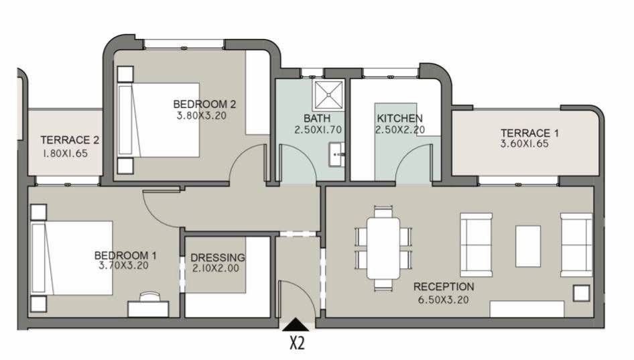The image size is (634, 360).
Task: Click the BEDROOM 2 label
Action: pyautogui.click(x=204, y=104)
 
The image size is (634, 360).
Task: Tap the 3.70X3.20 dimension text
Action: pyautogui.click(x=123, y=265)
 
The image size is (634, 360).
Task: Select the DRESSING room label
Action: pyautogui.click(x=218, y=257)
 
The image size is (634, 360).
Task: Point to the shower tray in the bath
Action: pyautogui.click(x=328, y=95)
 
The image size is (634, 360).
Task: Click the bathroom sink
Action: pyautogui.click(x=336, y=154)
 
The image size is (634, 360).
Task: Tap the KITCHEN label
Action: pyautogui.click(x=399, y=118)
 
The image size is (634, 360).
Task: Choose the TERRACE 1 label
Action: pyautogui.click(x=529, y=133)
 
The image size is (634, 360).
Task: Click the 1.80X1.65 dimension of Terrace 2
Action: pyautogui.click(x=65, y=154)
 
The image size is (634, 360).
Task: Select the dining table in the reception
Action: pyautogui.click(x=383, y=248)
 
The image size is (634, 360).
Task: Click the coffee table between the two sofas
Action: pyautogui.click(x=528, y=246)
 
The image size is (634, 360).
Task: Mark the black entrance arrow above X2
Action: pyautogui.click(x=296, y=324)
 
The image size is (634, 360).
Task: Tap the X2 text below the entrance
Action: pyautogui.click(x=297, y=343)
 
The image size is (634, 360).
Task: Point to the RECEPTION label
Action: pyautogui.click(x=444, y=287)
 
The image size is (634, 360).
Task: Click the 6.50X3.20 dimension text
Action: pyautogui.click(x=443, y=300)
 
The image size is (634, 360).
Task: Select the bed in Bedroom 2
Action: pyautogui.click(x=158, y=120)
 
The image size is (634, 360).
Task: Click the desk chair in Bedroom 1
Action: pyautogui.click(x=149, y=296)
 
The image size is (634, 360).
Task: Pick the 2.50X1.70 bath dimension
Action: pyautogui.click(x=318, y=130)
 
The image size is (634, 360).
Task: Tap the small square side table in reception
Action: pyautogui.click(x=582, y=293)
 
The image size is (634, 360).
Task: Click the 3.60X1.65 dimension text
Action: pyautogui.click(x=525, y=143)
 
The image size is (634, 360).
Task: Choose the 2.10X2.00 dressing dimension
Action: pyautogui.click(x=216, y=267)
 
